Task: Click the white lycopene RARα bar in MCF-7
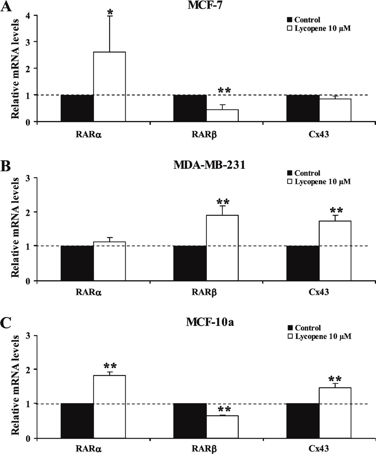[109, 87]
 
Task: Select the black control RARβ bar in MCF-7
[190, 108]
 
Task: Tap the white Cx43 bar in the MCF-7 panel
[335, 110]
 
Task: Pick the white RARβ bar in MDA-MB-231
[222, 248]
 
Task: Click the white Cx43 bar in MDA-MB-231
[335, 251]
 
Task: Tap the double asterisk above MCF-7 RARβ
[224, 90]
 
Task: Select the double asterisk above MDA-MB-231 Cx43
[336, 210]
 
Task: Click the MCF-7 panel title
[205, 5]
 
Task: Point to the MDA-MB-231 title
[209, 165]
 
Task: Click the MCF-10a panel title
[210, 322]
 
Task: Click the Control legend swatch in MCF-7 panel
[290, 20]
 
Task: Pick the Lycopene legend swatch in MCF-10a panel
[290, 337]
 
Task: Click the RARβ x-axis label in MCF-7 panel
[204, 135]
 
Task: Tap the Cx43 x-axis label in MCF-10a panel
[319, 448]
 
